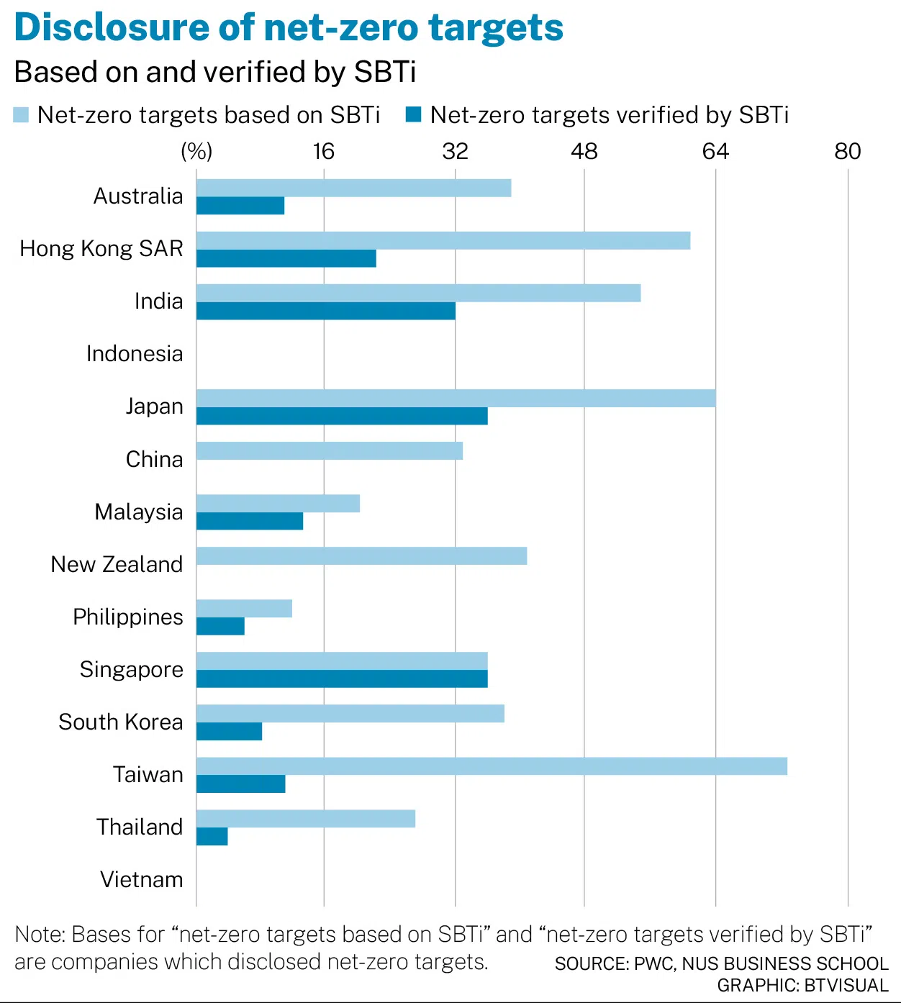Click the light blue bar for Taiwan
[492, 766]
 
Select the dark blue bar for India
[325, 311]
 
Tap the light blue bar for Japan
[456, 398]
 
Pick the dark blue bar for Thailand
[212, 836]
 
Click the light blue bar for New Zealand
[361, 555]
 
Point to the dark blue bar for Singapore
[342, 678]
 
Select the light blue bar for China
[329, 450]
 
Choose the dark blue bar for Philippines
[220, 626]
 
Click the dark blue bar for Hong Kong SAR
[286, 258]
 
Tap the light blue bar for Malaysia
[278, 503]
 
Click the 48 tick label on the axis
[584, 151]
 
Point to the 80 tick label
[847, 151]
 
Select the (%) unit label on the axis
[196, 151]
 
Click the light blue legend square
[21, 115]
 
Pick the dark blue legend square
[413, 115]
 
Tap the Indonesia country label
[135, 354]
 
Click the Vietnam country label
[142, 879]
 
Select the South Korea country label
[121, 722]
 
